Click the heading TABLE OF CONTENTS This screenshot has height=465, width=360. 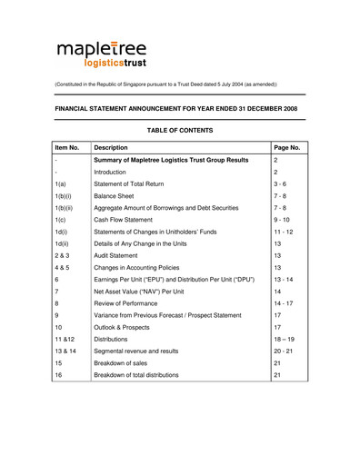(x=179, y=131)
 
